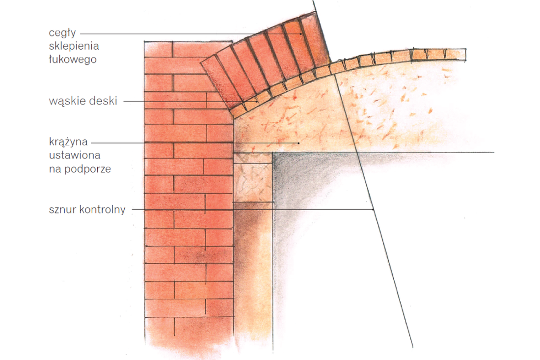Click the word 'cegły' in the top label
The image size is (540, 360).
coord(62,33)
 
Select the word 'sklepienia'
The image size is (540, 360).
coord(74,46)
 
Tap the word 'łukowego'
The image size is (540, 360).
coord(73,59)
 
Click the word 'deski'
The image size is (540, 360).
coord(103,101)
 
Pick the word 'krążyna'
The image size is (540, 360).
coord(69,142)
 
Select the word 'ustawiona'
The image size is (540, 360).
coord(75,155)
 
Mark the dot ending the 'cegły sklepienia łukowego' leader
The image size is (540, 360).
coord(300,34)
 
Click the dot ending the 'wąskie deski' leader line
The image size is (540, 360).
coord(257,102)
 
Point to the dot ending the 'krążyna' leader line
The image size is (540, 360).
coord(298,142)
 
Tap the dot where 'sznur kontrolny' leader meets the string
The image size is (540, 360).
coord(373,209)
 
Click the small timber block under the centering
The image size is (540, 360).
coord(253,177)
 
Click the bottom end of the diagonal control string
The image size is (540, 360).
coord(412,347)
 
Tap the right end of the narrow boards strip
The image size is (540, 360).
coord(465,55)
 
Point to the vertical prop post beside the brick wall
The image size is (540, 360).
coord(253,276)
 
